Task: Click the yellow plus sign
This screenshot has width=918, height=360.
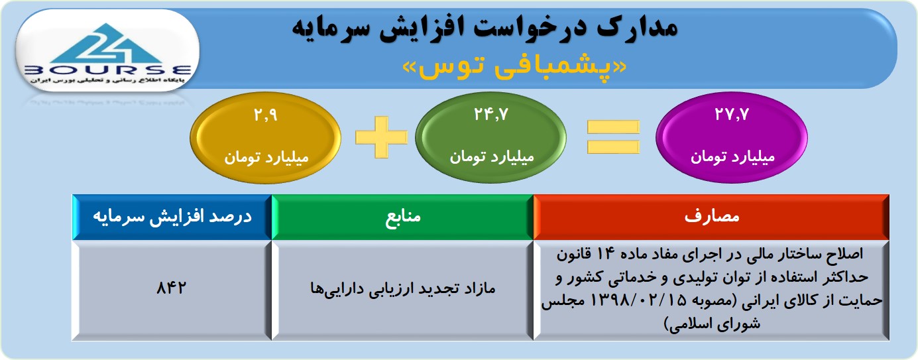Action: pyautogui.click(x=381, y=137)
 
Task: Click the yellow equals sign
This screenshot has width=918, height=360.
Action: pyautogui.click(x=613, y=137)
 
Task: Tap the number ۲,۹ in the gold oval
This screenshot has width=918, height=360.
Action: pyautogui.click(x=266, y=115)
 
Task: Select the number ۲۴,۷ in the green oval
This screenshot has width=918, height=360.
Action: pyautogui.click(x=491, y=115)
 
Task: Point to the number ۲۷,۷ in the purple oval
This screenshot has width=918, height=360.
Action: pyautogui.click(x=732, y=115)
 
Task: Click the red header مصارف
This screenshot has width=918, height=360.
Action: pyautogui.click(x=711, y=217)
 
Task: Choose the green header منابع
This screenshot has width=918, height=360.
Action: pyautogui.click(x=402, y=217)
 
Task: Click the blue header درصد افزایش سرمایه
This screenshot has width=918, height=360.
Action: pyautogui.click(x=172, y=217)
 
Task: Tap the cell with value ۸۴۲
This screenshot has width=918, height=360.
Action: pyautogui.click(x=171, y=290)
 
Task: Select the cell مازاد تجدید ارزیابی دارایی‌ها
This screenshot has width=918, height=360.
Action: pyautogui.click(x=402, y=290)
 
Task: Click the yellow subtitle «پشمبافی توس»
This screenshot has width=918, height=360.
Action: pyautogui.click(x=514, y=67)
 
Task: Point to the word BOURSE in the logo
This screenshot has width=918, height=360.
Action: pyautogui.click(x=107, y=70)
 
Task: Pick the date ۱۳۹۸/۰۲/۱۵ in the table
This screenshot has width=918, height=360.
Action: pyautogui.click(x=638, y=300)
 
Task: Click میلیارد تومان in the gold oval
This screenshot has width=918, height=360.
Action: pyautogui.click(x=266, y=157)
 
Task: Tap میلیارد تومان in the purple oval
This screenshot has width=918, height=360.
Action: pyautogui.click(x=732, y=156)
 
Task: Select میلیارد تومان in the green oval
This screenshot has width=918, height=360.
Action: pyautogui.click(x=492, y=156)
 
